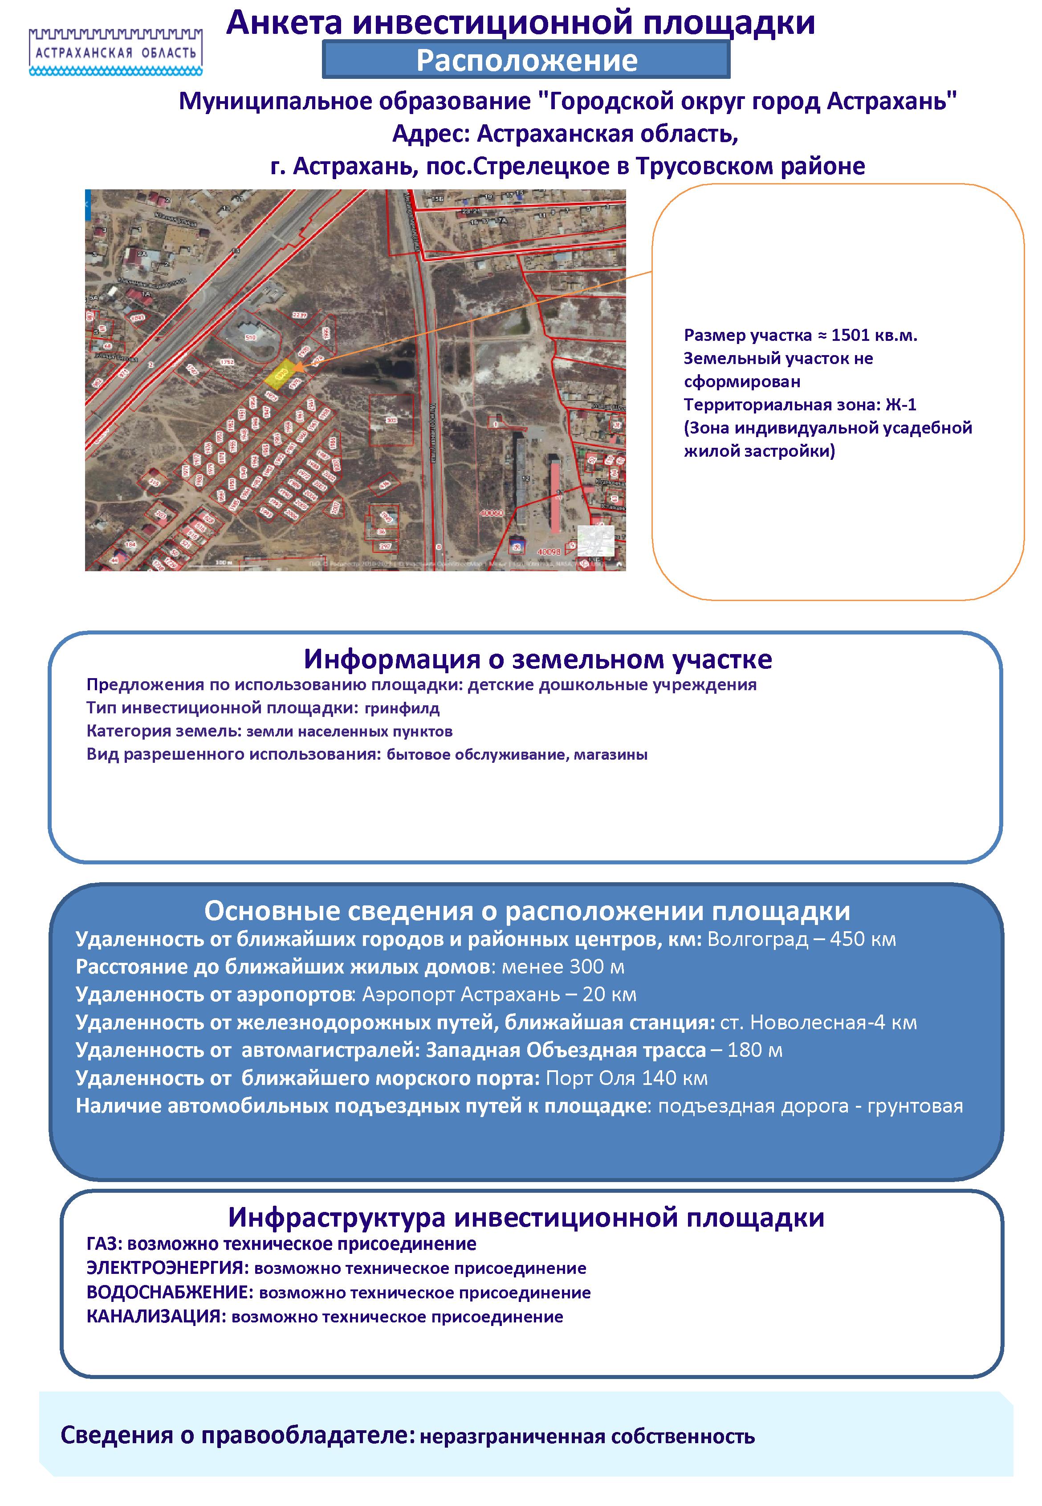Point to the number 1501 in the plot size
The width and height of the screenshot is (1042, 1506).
(x=851, y=336)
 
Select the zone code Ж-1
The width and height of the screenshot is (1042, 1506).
(x=900, y=405)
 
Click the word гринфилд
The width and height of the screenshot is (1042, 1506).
(x=402, y=708)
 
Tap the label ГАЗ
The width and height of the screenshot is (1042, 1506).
(x=104, y=1244)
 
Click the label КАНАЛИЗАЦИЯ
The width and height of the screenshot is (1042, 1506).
(x=155, y=1317)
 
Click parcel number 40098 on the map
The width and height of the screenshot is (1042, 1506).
(x=548, y=552)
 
